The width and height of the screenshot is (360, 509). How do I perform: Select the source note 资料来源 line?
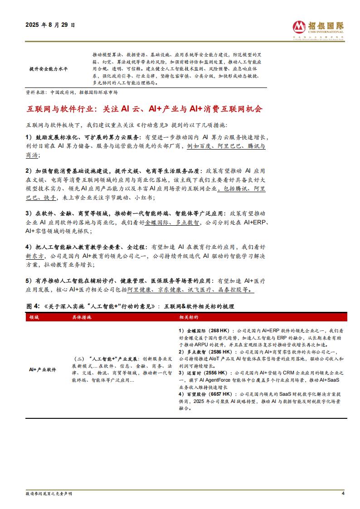tap(72, 92)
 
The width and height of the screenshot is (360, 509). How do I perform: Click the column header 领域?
tap(34, 318)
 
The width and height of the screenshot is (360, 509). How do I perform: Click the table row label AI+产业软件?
tap(43, 370)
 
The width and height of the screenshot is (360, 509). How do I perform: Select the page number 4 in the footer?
tap(343, 494)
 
